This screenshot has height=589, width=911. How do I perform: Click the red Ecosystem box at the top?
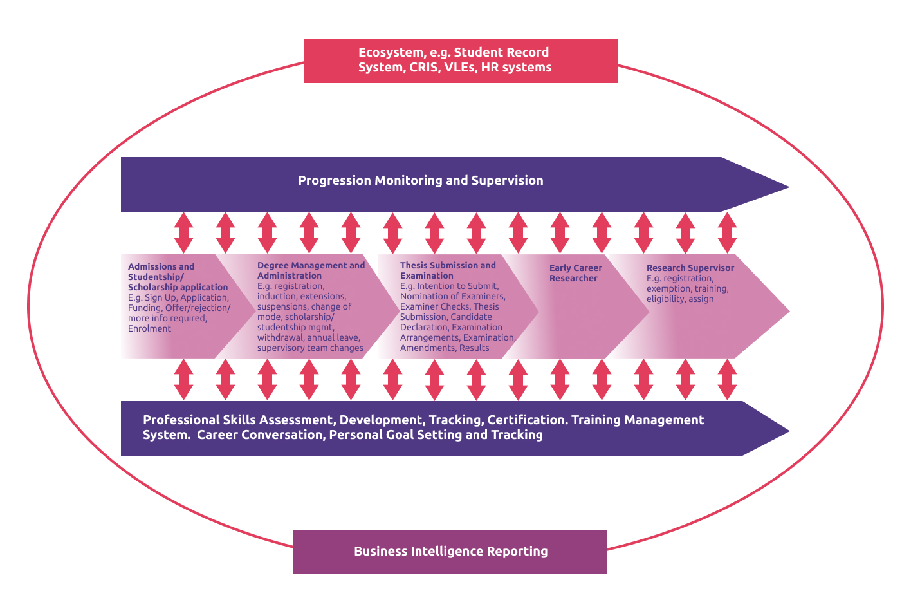[x=461, y=61]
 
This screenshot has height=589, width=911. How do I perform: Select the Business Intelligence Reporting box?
[x=450, y=552]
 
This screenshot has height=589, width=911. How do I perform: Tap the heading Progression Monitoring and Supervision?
[x=420, y=181]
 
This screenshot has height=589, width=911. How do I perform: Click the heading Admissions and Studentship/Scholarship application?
[x=177, y=277]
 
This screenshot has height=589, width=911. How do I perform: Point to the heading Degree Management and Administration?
[x=311, y=270]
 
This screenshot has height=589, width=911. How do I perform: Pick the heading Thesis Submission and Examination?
[x=448, y=270]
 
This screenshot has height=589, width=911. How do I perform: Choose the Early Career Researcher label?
[x=575, y=273]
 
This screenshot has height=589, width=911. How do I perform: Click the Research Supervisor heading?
[x=690, y=268]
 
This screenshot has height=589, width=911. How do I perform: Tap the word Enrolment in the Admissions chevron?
[x=149, y=328]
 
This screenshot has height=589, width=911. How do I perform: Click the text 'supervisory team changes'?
[x=310, y=348]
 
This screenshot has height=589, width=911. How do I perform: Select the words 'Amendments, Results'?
[x=444, y=348]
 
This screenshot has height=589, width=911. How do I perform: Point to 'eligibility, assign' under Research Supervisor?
[x=679, y=299]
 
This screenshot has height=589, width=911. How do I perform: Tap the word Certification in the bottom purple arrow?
[x=527, y=420]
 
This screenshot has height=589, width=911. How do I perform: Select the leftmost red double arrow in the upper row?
[x=183, y=232]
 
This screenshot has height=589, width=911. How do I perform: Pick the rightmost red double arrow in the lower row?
[x=727, y=379]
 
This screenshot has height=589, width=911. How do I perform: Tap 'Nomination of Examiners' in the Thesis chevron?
[x=452, y=296]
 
